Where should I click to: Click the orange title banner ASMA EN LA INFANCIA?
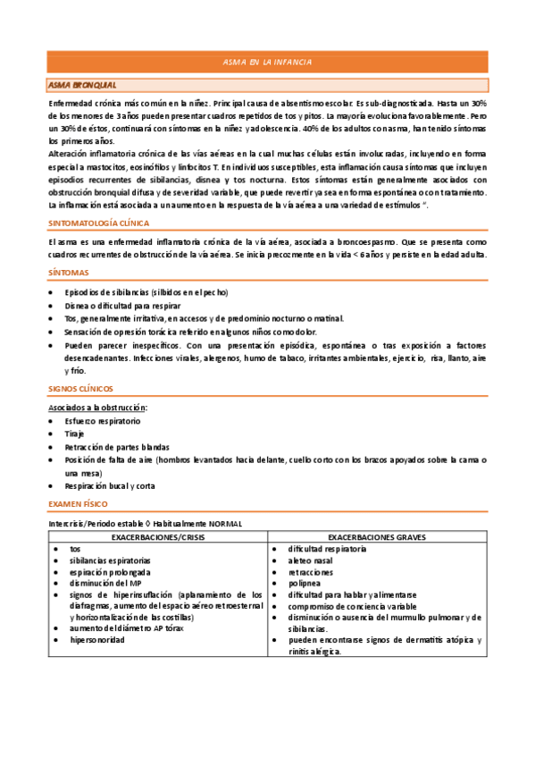(267, 62)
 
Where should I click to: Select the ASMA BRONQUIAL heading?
(82, 85)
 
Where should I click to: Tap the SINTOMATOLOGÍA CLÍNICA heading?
(99, 222)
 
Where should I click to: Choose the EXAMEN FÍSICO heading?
(78, 504)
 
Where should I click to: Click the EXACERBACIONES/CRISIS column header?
(157, 537)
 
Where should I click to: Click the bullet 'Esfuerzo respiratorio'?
(103, 420)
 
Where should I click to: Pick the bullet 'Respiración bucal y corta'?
(110, 485)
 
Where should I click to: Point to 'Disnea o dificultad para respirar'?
(124, 305)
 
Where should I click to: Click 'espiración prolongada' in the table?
(111, 571)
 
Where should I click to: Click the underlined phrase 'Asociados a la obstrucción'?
(97, 408)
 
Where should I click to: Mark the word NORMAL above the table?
(222, 523)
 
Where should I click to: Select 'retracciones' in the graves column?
(311, 571)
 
